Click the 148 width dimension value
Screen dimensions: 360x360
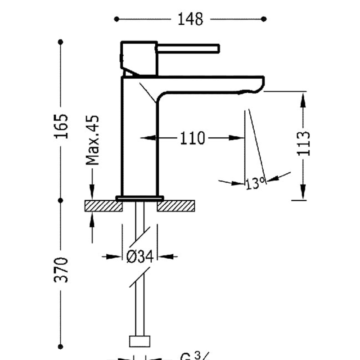[190, 19]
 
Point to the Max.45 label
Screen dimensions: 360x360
[93, 140]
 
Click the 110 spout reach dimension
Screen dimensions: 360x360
[192, 138]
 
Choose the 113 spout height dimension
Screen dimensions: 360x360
[305, 143]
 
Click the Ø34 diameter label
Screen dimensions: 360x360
[140, 257]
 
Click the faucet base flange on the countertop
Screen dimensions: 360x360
[140, 198]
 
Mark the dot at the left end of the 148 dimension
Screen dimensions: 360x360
[117, 19]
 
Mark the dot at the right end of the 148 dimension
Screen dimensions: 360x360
[264, 19]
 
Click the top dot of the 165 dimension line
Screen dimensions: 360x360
[61, 42]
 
